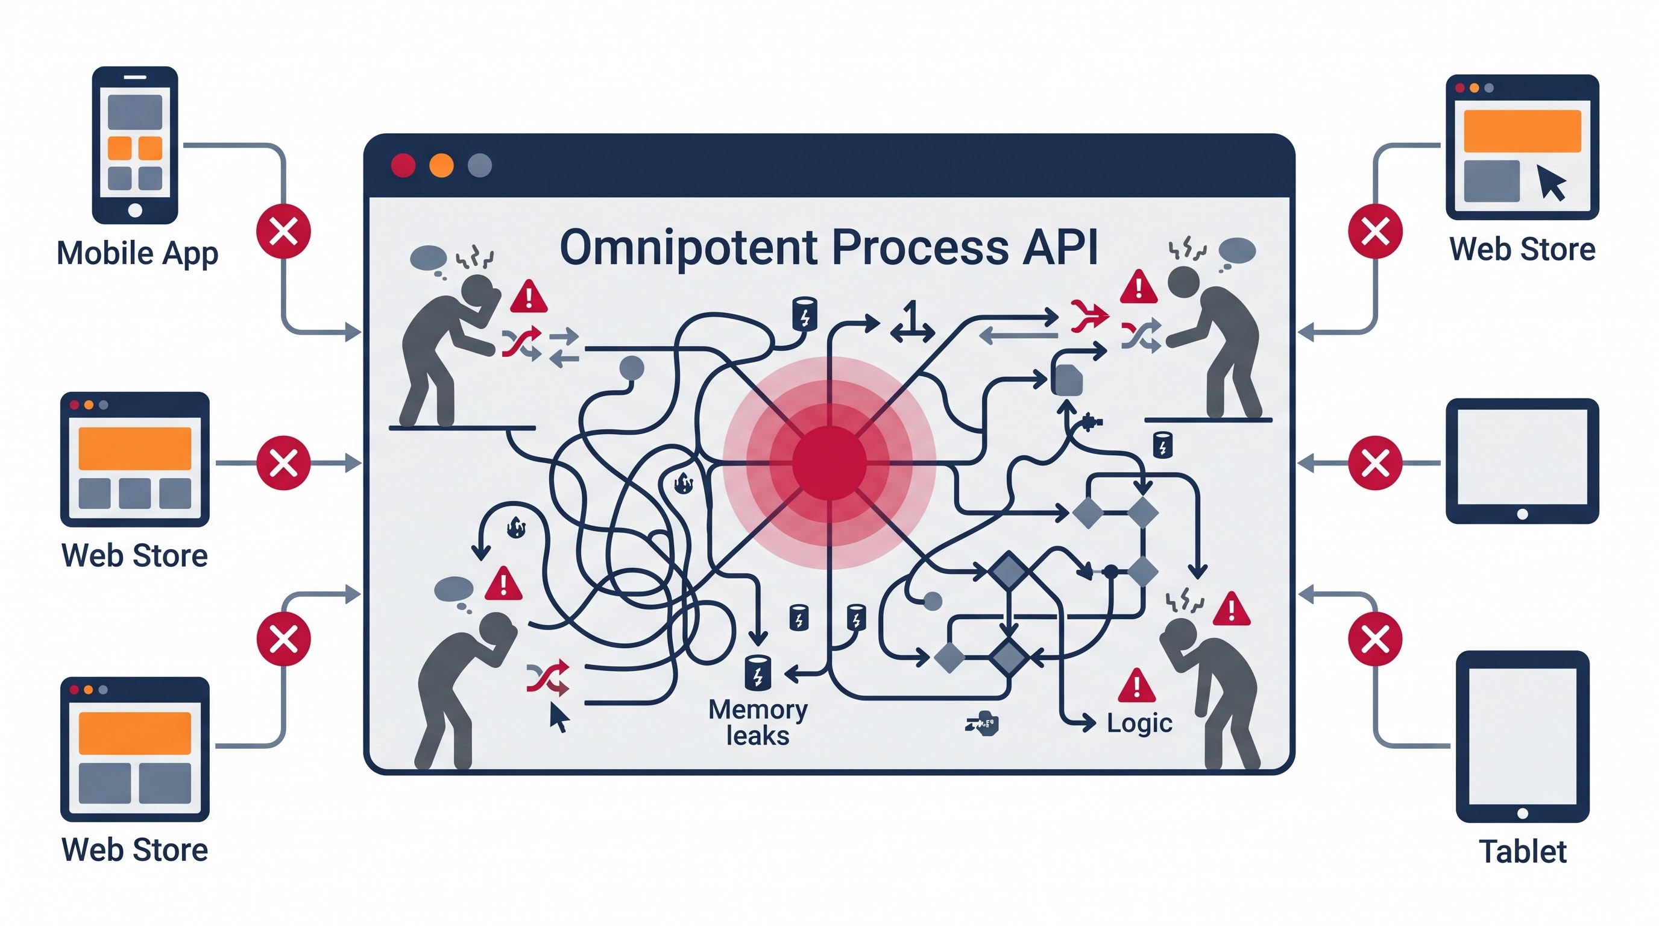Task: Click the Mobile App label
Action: [137, 254]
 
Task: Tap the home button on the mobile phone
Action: [135, 210]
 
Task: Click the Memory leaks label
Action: [758, 722]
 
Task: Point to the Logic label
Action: [1139, 724]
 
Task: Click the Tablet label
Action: [1523, 851]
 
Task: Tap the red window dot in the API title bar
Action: [403, 166]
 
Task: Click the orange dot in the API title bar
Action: [441, 166]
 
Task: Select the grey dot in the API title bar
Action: [479, 166]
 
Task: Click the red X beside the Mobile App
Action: [283, 231]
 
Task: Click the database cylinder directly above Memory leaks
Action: [757, 673]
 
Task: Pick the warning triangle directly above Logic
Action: [1137, 686]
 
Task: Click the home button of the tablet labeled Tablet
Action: [1523, 813]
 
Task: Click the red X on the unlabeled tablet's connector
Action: [1375, 463]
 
